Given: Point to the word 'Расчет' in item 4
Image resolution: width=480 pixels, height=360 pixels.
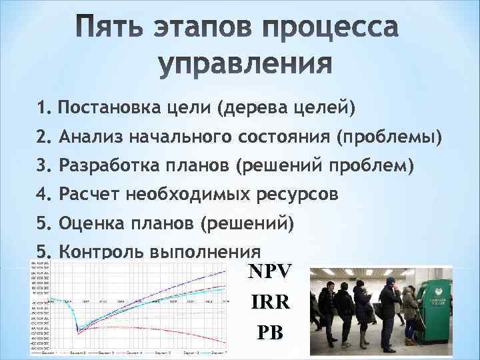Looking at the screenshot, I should coord(87,194).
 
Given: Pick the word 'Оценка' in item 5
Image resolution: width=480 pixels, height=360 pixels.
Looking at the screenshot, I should coord(89,223).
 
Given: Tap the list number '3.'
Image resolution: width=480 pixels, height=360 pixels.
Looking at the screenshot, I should coord(45,165).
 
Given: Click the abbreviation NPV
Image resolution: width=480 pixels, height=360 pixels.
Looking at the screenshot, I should coord(270,271).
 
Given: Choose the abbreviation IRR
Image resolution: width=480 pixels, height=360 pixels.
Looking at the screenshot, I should coord(269,302).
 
